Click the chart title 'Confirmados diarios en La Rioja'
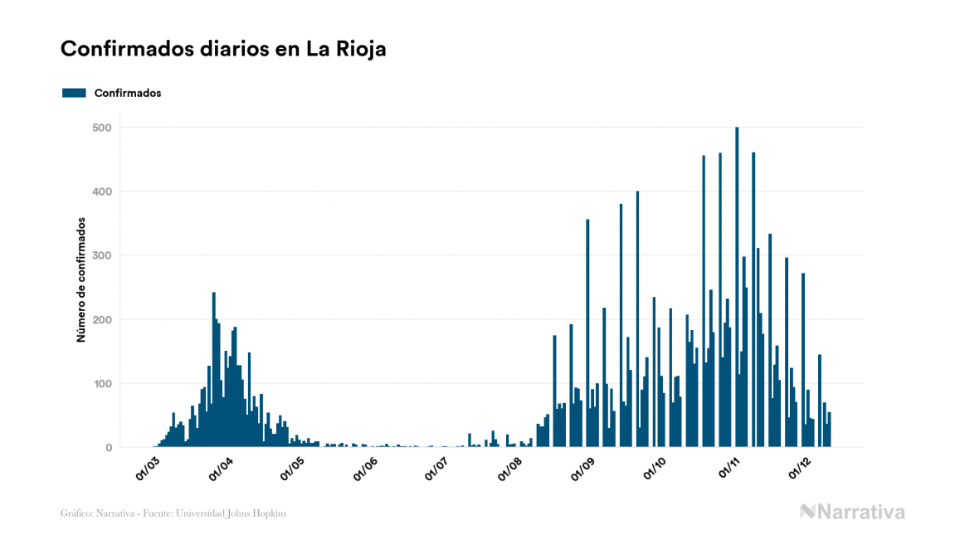click(223, 49)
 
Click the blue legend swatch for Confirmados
click(74, 93)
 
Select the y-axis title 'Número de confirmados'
click(81, 279)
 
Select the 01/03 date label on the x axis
click(148, 470)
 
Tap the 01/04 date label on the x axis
click(221, 470)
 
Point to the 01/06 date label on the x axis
click(366, 470)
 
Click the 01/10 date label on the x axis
click(655, 470)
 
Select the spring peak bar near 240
click(214, 373)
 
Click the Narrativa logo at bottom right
click(852, 512)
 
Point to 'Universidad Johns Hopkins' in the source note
click(243, 513)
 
